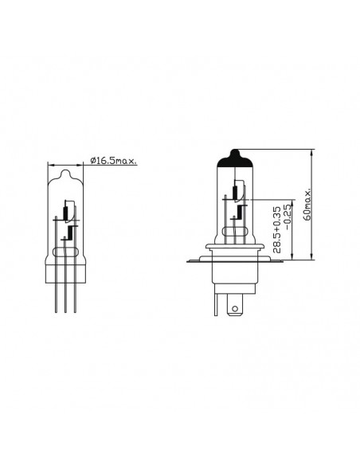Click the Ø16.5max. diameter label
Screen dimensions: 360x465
tap(114, 161)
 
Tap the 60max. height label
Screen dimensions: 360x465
tap(307, 204)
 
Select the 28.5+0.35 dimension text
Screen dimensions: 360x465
tap(276, 230)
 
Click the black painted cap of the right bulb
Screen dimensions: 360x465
tap(235, 158)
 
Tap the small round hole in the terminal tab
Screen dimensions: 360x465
tap(235, 309)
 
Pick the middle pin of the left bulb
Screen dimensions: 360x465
tap(65, 275)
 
